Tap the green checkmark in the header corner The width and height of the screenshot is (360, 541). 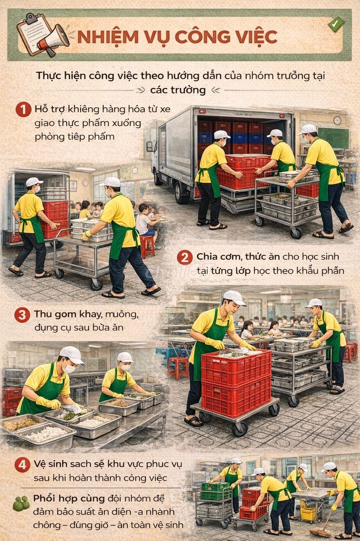click(x=336, y=24)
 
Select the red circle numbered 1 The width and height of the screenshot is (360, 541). click(x=23, y=110)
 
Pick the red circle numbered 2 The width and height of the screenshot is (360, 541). click(x=185, y=257)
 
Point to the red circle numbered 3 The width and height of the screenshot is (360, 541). click(x=22, y=315)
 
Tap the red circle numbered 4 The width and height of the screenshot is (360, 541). click(x=22, y=464)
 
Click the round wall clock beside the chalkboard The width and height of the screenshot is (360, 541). click(x=337, y=120)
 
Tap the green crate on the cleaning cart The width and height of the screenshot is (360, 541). click(x=215, y=491)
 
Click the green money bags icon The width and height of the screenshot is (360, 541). click(x=21, y=503)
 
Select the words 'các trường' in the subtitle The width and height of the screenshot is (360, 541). click(x=177, y=90)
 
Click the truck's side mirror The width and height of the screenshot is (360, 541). click(x=150, y=146)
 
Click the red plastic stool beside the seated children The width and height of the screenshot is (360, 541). click(x=147, y=246)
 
